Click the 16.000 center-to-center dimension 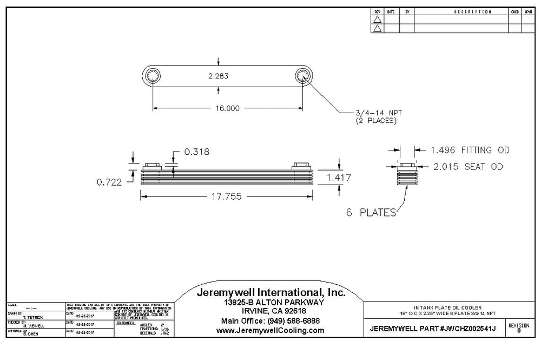pyautogui.click(x=227, y=108)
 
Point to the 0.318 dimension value pyautogui.click(x=196, y=152)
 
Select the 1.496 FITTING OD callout pyautogui.click(x=470, y=150)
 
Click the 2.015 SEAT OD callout pyautogui.click(x=468, y=167)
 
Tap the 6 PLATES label pyautogui.click(x=371, y=213)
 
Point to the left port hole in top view pyautogui.click(x=153, y=76)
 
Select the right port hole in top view pyautogui.click(x=302, y=76)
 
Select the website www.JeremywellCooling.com pyautogui.click(x=270, y=330)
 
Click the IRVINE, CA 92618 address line pyautogui.click(x=269, y=311)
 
